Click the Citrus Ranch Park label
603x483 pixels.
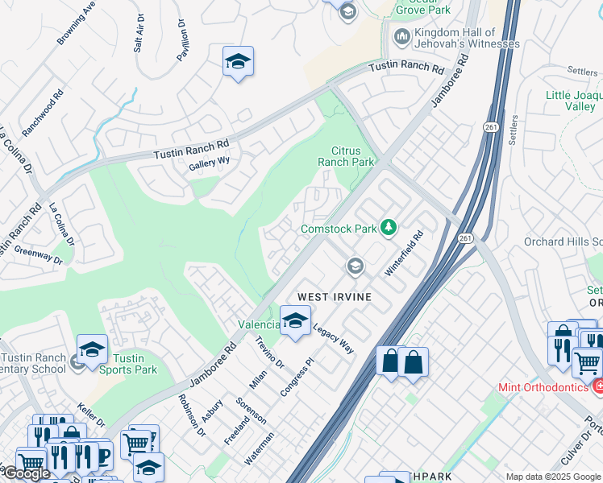(353, 156)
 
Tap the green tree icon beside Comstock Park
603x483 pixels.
(389, 229)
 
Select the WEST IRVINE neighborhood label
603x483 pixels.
(335, 297)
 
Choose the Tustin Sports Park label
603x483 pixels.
(127, 364)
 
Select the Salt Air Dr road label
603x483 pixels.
(139, 33)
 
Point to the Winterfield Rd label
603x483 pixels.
(404, 255)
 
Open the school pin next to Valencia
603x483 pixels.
(295, 321)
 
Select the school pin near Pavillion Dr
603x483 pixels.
(238, 62)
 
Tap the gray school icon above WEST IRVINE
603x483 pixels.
(355, 266)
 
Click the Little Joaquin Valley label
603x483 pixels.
(573, 101)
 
